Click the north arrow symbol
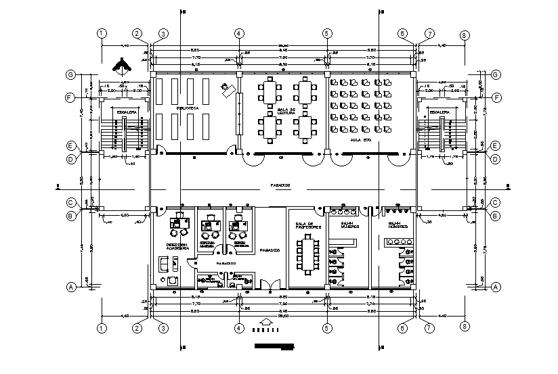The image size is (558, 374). pyautogui.click(x=122, y=64)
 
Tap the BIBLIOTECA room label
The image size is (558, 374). pyautogui.click(x=187, y=108)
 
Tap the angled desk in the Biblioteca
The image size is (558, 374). pyautogui.click(x=227, y=87)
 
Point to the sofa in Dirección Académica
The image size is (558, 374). pyautogui.click(x=164, y=263)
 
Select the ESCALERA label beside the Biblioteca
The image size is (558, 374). pyautogui.click(x=127, y=113)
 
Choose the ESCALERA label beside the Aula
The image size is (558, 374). pyautogui.click(x=440, y=113)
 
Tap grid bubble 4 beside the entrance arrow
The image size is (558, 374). pyautogui.click(x=238, y=329)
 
